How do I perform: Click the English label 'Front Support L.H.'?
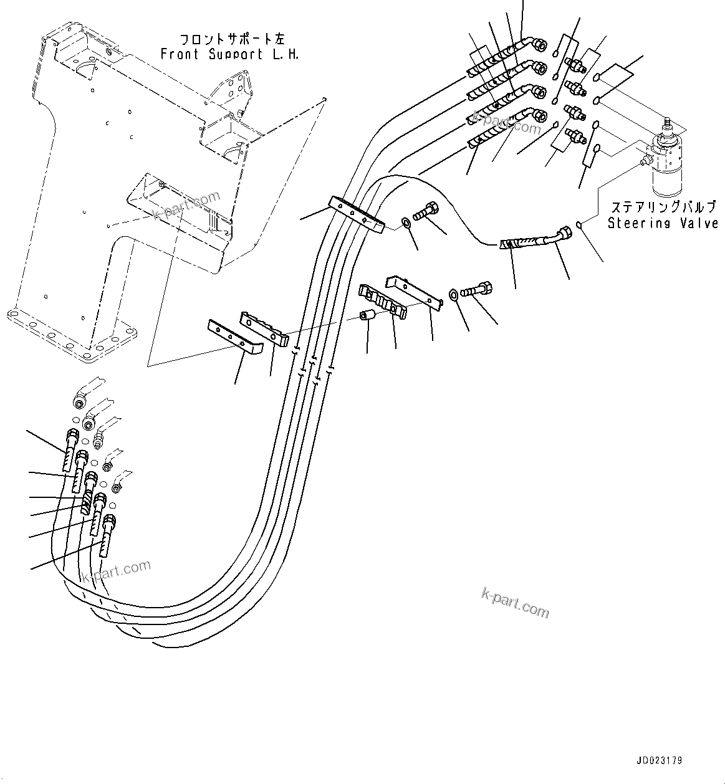tap(229, 54)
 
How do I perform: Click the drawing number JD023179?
tap(659, 761)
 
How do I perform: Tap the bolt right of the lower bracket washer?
tap(478, 290)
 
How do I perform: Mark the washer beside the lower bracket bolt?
tap(454, 294)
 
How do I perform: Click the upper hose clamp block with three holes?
tap(356, 214)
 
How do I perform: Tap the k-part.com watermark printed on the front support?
tap(187, 206)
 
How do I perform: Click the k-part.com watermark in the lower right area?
tap(515, 601)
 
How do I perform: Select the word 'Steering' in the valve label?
tap(636, 223)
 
